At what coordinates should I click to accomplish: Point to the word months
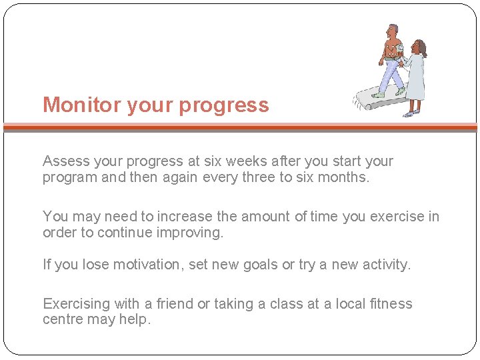click(x=346, y=177)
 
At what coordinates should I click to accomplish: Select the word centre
click(x=64, y=319)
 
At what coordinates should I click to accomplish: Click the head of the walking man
click(x=393, y=31)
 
